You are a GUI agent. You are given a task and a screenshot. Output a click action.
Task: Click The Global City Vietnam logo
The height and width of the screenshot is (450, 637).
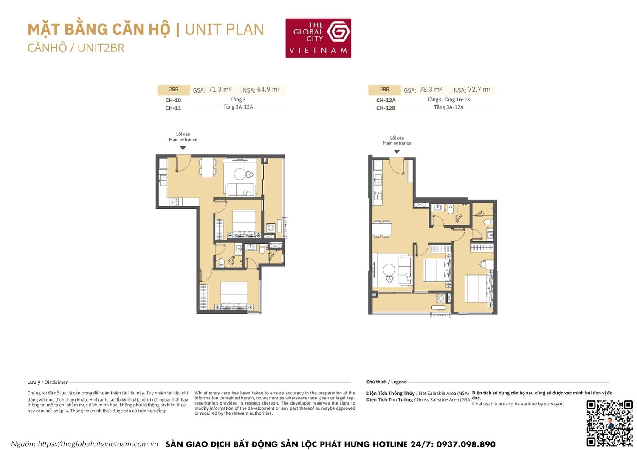point(318,38)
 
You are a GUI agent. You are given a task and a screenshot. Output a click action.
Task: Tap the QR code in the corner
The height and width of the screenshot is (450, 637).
point(609,423)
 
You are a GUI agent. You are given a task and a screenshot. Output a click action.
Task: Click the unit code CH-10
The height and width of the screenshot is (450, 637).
point(173,101)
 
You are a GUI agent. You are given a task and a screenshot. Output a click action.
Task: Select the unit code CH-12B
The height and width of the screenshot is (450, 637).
point(386,108)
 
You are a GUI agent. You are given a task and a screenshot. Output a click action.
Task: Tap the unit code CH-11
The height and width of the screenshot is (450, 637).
point(173,108)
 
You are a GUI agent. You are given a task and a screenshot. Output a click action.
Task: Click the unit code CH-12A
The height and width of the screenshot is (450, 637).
point(386,101)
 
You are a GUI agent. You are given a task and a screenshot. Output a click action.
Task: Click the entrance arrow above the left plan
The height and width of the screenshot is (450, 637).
point(183,148)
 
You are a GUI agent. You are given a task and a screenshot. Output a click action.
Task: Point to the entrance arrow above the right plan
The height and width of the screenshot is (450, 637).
point(397,152)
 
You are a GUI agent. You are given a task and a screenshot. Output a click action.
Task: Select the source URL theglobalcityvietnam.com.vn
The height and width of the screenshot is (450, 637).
point(98,444)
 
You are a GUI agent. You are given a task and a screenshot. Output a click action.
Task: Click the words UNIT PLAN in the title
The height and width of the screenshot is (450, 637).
point(224,30)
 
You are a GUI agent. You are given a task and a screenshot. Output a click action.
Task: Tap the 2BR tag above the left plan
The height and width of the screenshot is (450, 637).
point(173,90)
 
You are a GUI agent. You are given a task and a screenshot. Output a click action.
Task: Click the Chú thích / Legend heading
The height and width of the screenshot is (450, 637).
point(386,382)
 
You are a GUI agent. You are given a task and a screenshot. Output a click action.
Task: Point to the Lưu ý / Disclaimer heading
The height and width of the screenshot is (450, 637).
point(48,382)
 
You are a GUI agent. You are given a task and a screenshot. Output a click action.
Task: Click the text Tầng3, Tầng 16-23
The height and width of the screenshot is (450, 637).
point(448,100)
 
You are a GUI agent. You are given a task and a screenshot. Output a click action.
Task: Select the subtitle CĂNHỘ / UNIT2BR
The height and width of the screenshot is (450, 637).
point(76,48)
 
